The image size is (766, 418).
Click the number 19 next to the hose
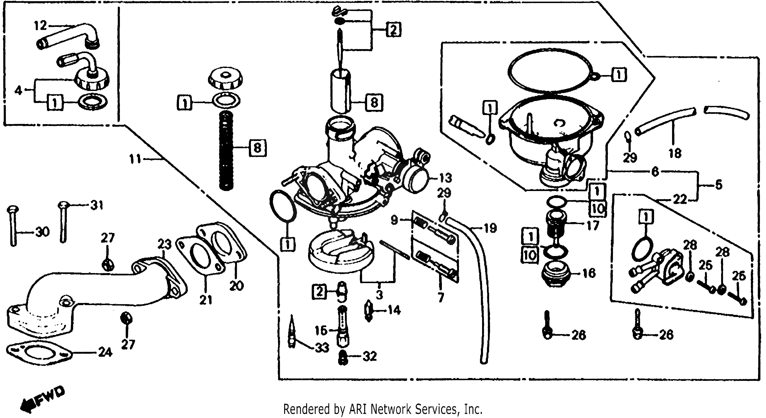490,228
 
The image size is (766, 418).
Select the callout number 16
589,273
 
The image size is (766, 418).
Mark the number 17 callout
592,226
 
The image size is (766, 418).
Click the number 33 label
322,347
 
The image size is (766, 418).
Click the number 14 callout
394,310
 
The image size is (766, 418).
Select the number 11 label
135,159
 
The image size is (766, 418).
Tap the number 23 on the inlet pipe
165,245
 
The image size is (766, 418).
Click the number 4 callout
18,90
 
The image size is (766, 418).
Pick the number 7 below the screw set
441,297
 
